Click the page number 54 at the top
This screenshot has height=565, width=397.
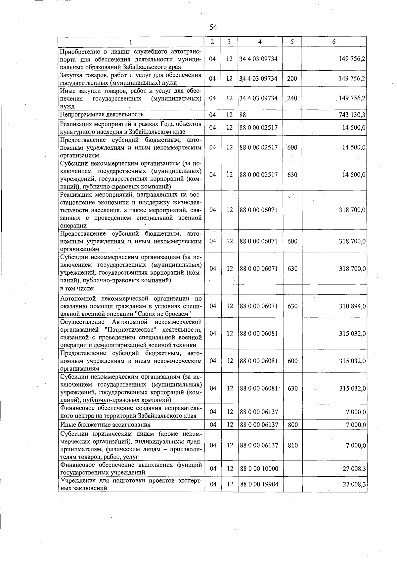pos(213,27)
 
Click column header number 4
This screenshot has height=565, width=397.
pos(260,42)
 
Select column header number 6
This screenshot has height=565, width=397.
pos(334,42)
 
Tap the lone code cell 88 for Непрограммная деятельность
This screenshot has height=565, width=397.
pos(243,115)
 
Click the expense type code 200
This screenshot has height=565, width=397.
pos(292,79)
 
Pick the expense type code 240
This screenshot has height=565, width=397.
pos(292,99)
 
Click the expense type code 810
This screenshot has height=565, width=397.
pos(292,445)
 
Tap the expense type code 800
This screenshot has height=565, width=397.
pos(292,424)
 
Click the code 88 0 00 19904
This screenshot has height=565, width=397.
pos(259,484)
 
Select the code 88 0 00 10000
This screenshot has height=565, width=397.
pos(259,468)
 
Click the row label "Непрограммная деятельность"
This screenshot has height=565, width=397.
pos(102,114)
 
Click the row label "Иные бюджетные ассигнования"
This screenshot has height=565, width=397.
pos(105,424)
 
